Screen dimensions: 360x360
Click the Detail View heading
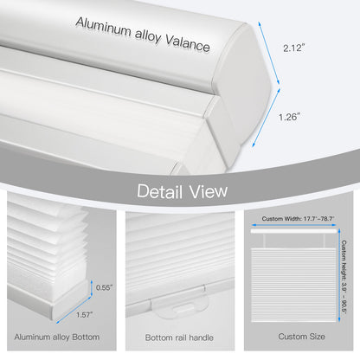tap(179, 190)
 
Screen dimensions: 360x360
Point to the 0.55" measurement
tap(103, 287)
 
